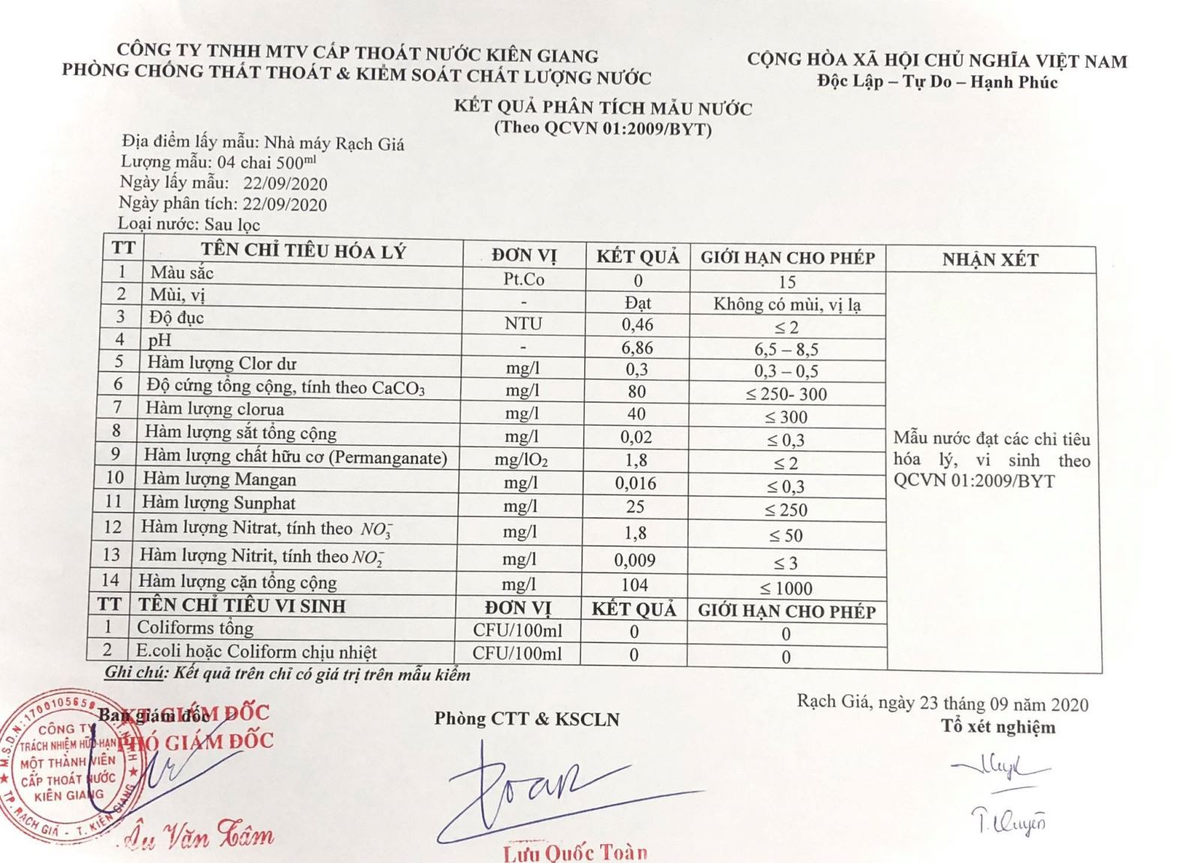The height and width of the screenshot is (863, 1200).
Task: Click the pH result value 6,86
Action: click(637, 347)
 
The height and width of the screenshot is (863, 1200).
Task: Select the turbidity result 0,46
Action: click(637, 325)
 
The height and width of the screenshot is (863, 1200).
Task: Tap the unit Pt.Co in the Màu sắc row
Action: click(523, 280)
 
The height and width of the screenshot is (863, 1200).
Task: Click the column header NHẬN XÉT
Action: click(990, 260)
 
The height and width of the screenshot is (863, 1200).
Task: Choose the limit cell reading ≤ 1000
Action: click(786, 588)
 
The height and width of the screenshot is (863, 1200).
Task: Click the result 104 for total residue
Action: click(634, 585)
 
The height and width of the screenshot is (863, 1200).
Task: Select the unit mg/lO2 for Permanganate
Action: click(521, 459)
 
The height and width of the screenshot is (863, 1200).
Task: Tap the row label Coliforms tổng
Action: click(195, 627)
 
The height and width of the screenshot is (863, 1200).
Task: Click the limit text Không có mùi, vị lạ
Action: click(787, 304)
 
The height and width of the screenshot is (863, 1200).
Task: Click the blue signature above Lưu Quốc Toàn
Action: click(540, 788)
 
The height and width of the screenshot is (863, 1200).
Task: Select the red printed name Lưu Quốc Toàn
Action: click(575, 852)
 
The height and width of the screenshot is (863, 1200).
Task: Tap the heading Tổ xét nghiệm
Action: click(998, 726)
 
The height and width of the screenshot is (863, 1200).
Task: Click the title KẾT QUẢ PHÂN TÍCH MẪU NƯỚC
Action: click(602, 108)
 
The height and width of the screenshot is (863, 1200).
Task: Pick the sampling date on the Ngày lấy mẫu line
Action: click(285, 184)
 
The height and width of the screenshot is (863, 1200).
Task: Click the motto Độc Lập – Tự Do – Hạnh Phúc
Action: click(937, 82)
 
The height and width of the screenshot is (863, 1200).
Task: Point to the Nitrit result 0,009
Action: click(634, 560)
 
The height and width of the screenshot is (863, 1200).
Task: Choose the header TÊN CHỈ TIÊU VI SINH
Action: click(241, 605)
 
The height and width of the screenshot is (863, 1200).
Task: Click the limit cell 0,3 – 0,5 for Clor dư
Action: click(786, 371)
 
